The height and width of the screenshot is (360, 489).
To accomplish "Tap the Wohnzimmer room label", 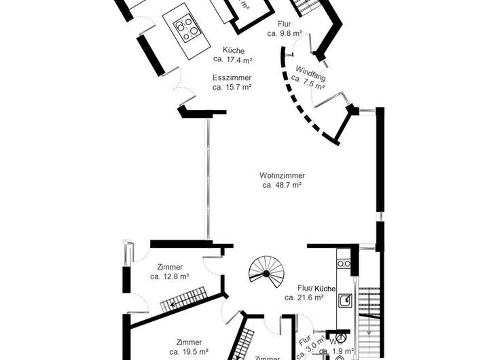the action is point(282,175).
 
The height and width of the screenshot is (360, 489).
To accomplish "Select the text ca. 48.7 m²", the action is point(282,185).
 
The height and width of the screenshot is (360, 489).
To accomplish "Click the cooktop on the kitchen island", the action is point(187,29).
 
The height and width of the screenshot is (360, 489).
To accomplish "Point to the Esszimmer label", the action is point(232,77).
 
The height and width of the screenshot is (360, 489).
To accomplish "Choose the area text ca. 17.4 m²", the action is point(234,60).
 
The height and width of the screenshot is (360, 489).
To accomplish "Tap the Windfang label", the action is point(311,70).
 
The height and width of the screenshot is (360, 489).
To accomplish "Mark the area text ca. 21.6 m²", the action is point(304,297).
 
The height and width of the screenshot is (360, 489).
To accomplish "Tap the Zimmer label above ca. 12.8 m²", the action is point(169,267).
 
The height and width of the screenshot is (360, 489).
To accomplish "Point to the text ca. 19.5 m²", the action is point(188,351).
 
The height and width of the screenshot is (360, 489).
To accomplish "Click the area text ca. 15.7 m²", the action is point(232,87).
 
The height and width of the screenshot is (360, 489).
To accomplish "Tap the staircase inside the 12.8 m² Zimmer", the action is point(187,299).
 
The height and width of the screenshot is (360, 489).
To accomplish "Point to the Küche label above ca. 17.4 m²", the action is point(234,50).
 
